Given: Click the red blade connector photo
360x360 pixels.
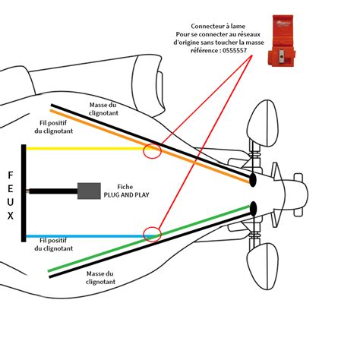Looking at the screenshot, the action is click(282, 41).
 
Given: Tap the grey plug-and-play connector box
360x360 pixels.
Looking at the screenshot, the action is click(89, 191).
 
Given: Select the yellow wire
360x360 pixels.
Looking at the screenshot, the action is click(86, 149).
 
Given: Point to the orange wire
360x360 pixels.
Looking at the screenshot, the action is click(150, 146).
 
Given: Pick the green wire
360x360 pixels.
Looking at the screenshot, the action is click(150, 238).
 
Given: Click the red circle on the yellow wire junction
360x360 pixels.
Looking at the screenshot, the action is click(152, 151).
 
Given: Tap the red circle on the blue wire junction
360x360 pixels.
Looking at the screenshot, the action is click(152, 235).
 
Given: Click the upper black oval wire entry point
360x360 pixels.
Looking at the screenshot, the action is click(253, 180).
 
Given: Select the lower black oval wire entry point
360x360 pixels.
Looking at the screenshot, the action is click(253, 209).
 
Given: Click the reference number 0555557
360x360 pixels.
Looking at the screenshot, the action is click(235, 50).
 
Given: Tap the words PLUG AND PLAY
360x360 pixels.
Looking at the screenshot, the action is click(126, 195).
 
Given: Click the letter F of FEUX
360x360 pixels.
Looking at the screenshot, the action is click(11, 175).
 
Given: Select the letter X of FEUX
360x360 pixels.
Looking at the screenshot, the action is click(11, 216).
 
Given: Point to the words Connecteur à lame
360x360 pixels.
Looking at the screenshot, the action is click(218, 26).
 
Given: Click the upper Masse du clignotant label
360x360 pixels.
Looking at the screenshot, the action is click(103, 109).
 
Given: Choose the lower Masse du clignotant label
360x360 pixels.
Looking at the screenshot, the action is click(100, 277).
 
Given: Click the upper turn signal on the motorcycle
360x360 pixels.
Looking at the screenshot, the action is click(263, 123).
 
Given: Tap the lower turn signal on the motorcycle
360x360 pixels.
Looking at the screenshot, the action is click(263, 267).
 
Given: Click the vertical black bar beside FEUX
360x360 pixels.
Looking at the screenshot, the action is click(24, 193).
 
